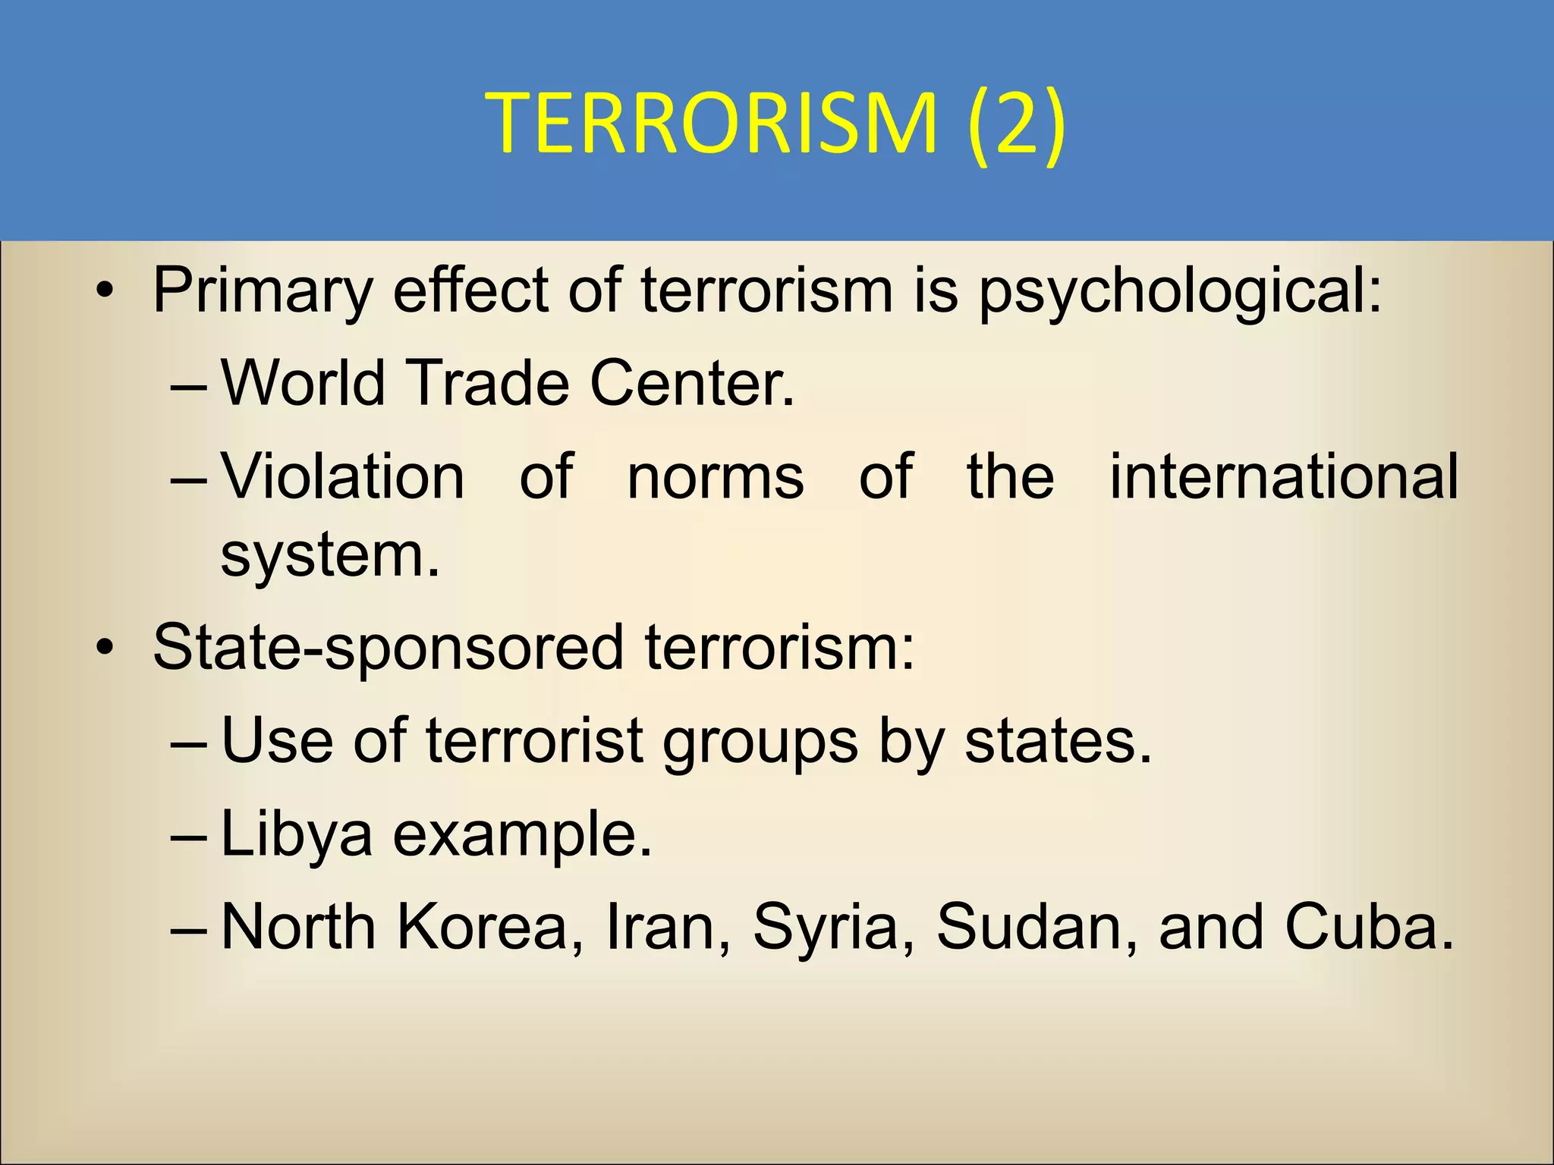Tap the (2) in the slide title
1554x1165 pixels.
click(x=1017, y=123)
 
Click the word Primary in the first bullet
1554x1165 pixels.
click(x=263, y=291)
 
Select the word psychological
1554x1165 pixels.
click(x=1181, y=291)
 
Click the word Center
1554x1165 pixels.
click(x=692, y=383)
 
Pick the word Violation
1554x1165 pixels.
click(x=343, y=476)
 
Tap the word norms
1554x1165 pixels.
click(x=716, y=476)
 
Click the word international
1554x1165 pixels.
click(x=1284, y=476)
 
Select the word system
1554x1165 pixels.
click(x=329, y=555)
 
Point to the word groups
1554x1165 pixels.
click(x=760, y=742)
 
